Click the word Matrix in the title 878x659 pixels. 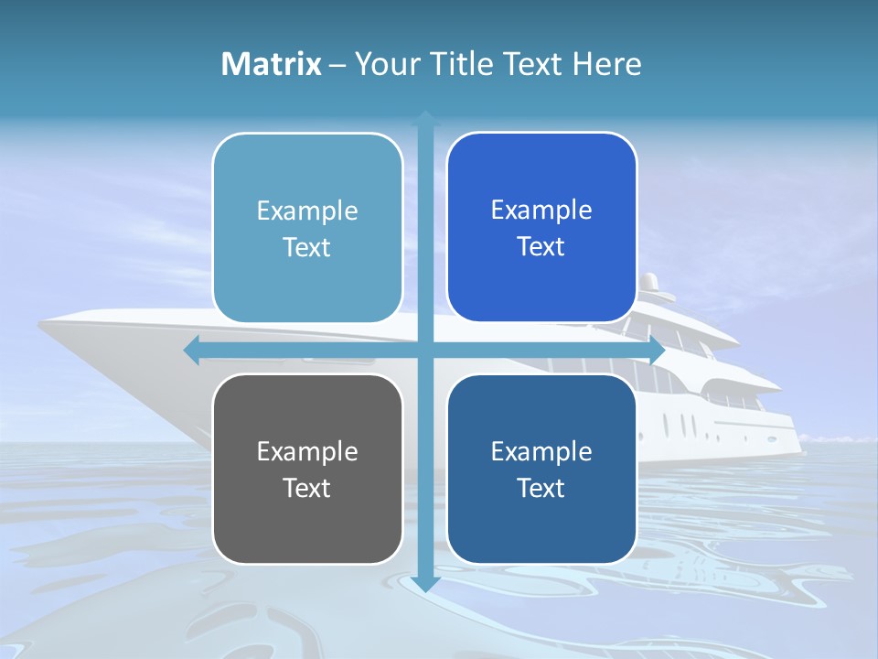[272, 64]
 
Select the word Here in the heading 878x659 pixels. [607, 64]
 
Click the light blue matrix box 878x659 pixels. [307, 228]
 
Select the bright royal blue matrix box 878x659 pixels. [541, 227]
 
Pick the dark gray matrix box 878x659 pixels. [307, 469]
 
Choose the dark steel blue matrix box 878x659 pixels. [541, 469]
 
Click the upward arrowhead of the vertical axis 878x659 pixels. [425, 117]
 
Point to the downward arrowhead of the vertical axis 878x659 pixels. [425, 584]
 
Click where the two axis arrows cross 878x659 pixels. [425, 350]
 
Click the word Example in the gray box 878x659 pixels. [307, 451]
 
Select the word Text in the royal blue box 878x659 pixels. [541, 247]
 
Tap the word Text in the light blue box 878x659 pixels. [307, 248]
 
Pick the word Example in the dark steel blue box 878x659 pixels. [541, 451]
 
